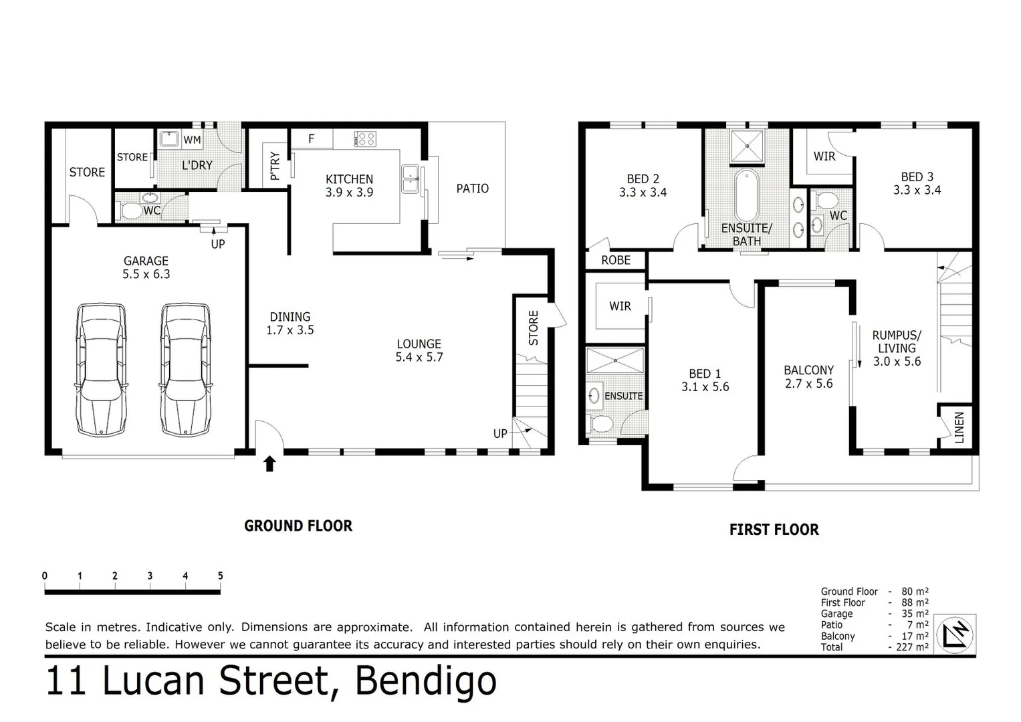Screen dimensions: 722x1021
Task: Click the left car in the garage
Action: tap(101, 369)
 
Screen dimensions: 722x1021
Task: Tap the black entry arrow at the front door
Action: tap(269, 463)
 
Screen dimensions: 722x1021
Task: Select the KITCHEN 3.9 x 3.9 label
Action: tap(349, 186)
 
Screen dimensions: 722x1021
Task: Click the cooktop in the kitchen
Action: tap(364, 139)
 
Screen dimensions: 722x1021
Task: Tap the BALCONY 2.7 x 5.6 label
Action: tap(808, 376)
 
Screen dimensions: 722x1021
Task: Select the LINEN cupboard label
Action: tap(959, 427)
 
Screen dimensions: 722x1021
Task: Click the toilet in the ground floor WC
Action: tap(130, 211)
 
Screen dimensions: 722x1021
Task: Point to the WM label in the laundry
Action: tap(192, 140)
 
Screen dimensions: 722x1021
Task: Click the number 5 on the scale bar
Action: tap(220, 576)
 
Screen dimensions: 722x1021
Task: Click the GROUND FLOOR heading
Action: tap(298, 526)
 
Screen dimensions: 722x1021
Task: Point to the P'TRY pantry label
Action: tap(275, 165)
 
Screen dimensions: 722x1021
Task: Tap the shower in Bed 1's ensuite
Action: tap(614, 360)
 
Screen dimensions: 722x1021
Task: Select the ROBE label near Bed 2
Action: tap(615, 260)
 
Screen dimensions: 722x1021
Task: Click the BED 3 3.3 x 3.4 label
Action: tap(917, 183)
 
